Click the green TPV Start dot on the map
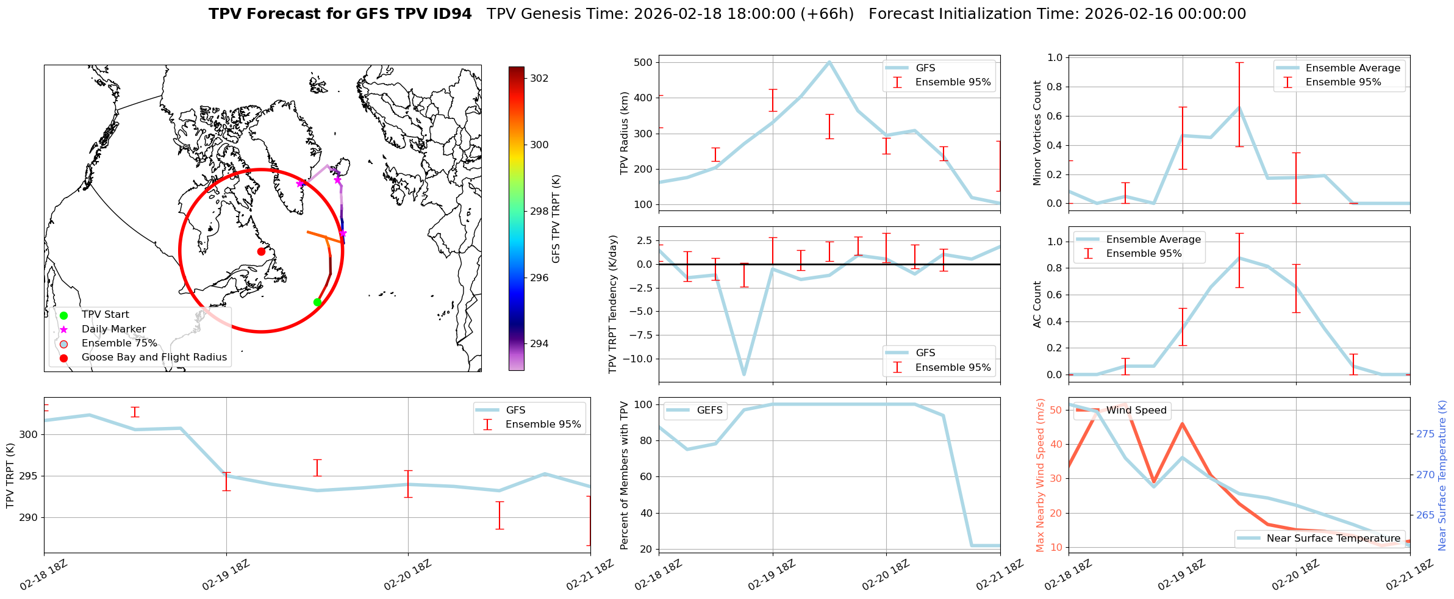point(317,302)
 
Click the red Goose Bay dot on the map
point(261,251)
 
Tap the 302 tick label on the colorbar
point(539,78)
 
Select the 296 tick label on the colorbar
point(539,278)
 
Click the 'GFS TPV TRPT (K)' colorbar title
point(556,219)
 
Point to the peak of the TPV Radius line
point(829,62)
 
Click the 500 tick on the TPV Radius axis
point(643,62)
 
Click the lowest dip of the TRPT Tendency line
point(744,375)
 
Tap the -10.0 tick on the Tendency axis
point(637,359)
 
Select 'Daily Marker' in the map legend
point(113,329)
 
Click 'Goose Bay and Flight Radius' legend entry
point(154,357)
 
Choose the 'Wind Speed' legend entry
point(1136,410)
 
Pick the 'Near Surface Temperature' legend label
point(1333,538)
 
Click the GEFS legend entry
point(709,410)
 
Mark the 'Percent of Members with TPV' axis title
point(624,475)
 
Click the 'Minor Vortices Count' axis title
point(1037,133)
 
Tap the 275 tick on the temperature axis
point(1425,434)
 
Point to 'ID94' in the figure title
point(450,14)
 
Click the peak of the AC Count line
point(1239,257)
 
